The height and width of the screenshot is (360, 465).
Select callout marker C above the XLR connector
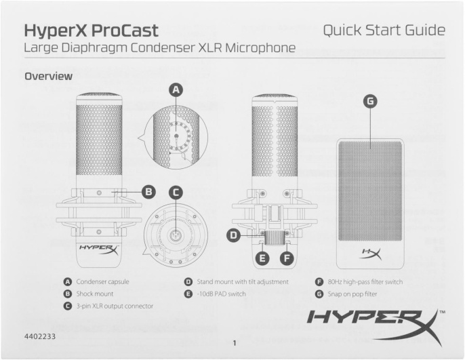click(x=176, y=193)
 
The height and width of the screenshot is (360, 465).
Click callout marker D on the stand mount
click(x=234, y=235)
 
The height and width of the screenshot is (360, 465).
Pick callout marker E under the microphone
click(x=264, y=258)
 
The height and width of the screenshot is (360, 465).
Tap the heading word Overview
click(x=48, y=77)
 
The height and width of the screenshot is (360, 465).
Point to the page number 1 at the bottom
click(x=232, y=343)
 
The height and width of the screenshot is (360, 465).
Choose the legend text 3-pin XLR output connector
click(x=115, y=306)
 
